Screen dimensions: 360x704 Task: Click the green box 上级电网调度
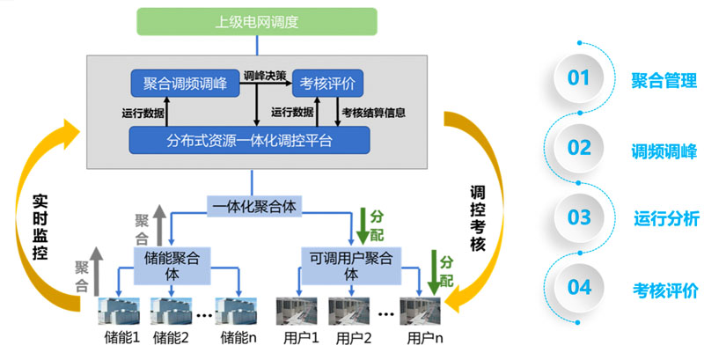tap(257, 20)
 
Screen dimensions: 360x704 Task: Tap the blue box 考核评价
tap(327, 84)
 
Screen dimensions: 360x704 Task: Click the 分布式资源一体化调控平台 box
tap(250, 140)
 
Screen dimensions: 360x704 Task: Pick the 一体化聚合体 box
tap(253, 206)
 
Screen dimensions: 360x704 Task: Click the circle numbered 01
tap(578, 77)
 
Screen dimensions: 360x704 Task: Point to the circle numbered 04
tap(578, 288)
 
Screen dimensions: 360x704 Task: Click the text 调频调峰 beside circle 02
tap(666, 149)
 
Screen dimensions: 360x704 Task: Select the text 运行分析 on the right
tap(666, 218)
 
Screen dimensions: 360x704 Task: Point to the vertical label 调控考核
tap(477, 217)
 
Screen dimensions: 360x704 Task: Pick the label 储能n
tap(239, 339)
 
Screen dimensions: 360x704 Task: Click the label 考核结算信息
tap(373, 112)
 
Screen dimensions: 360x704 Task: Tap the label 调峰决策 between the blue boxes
tap(264, 76)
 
